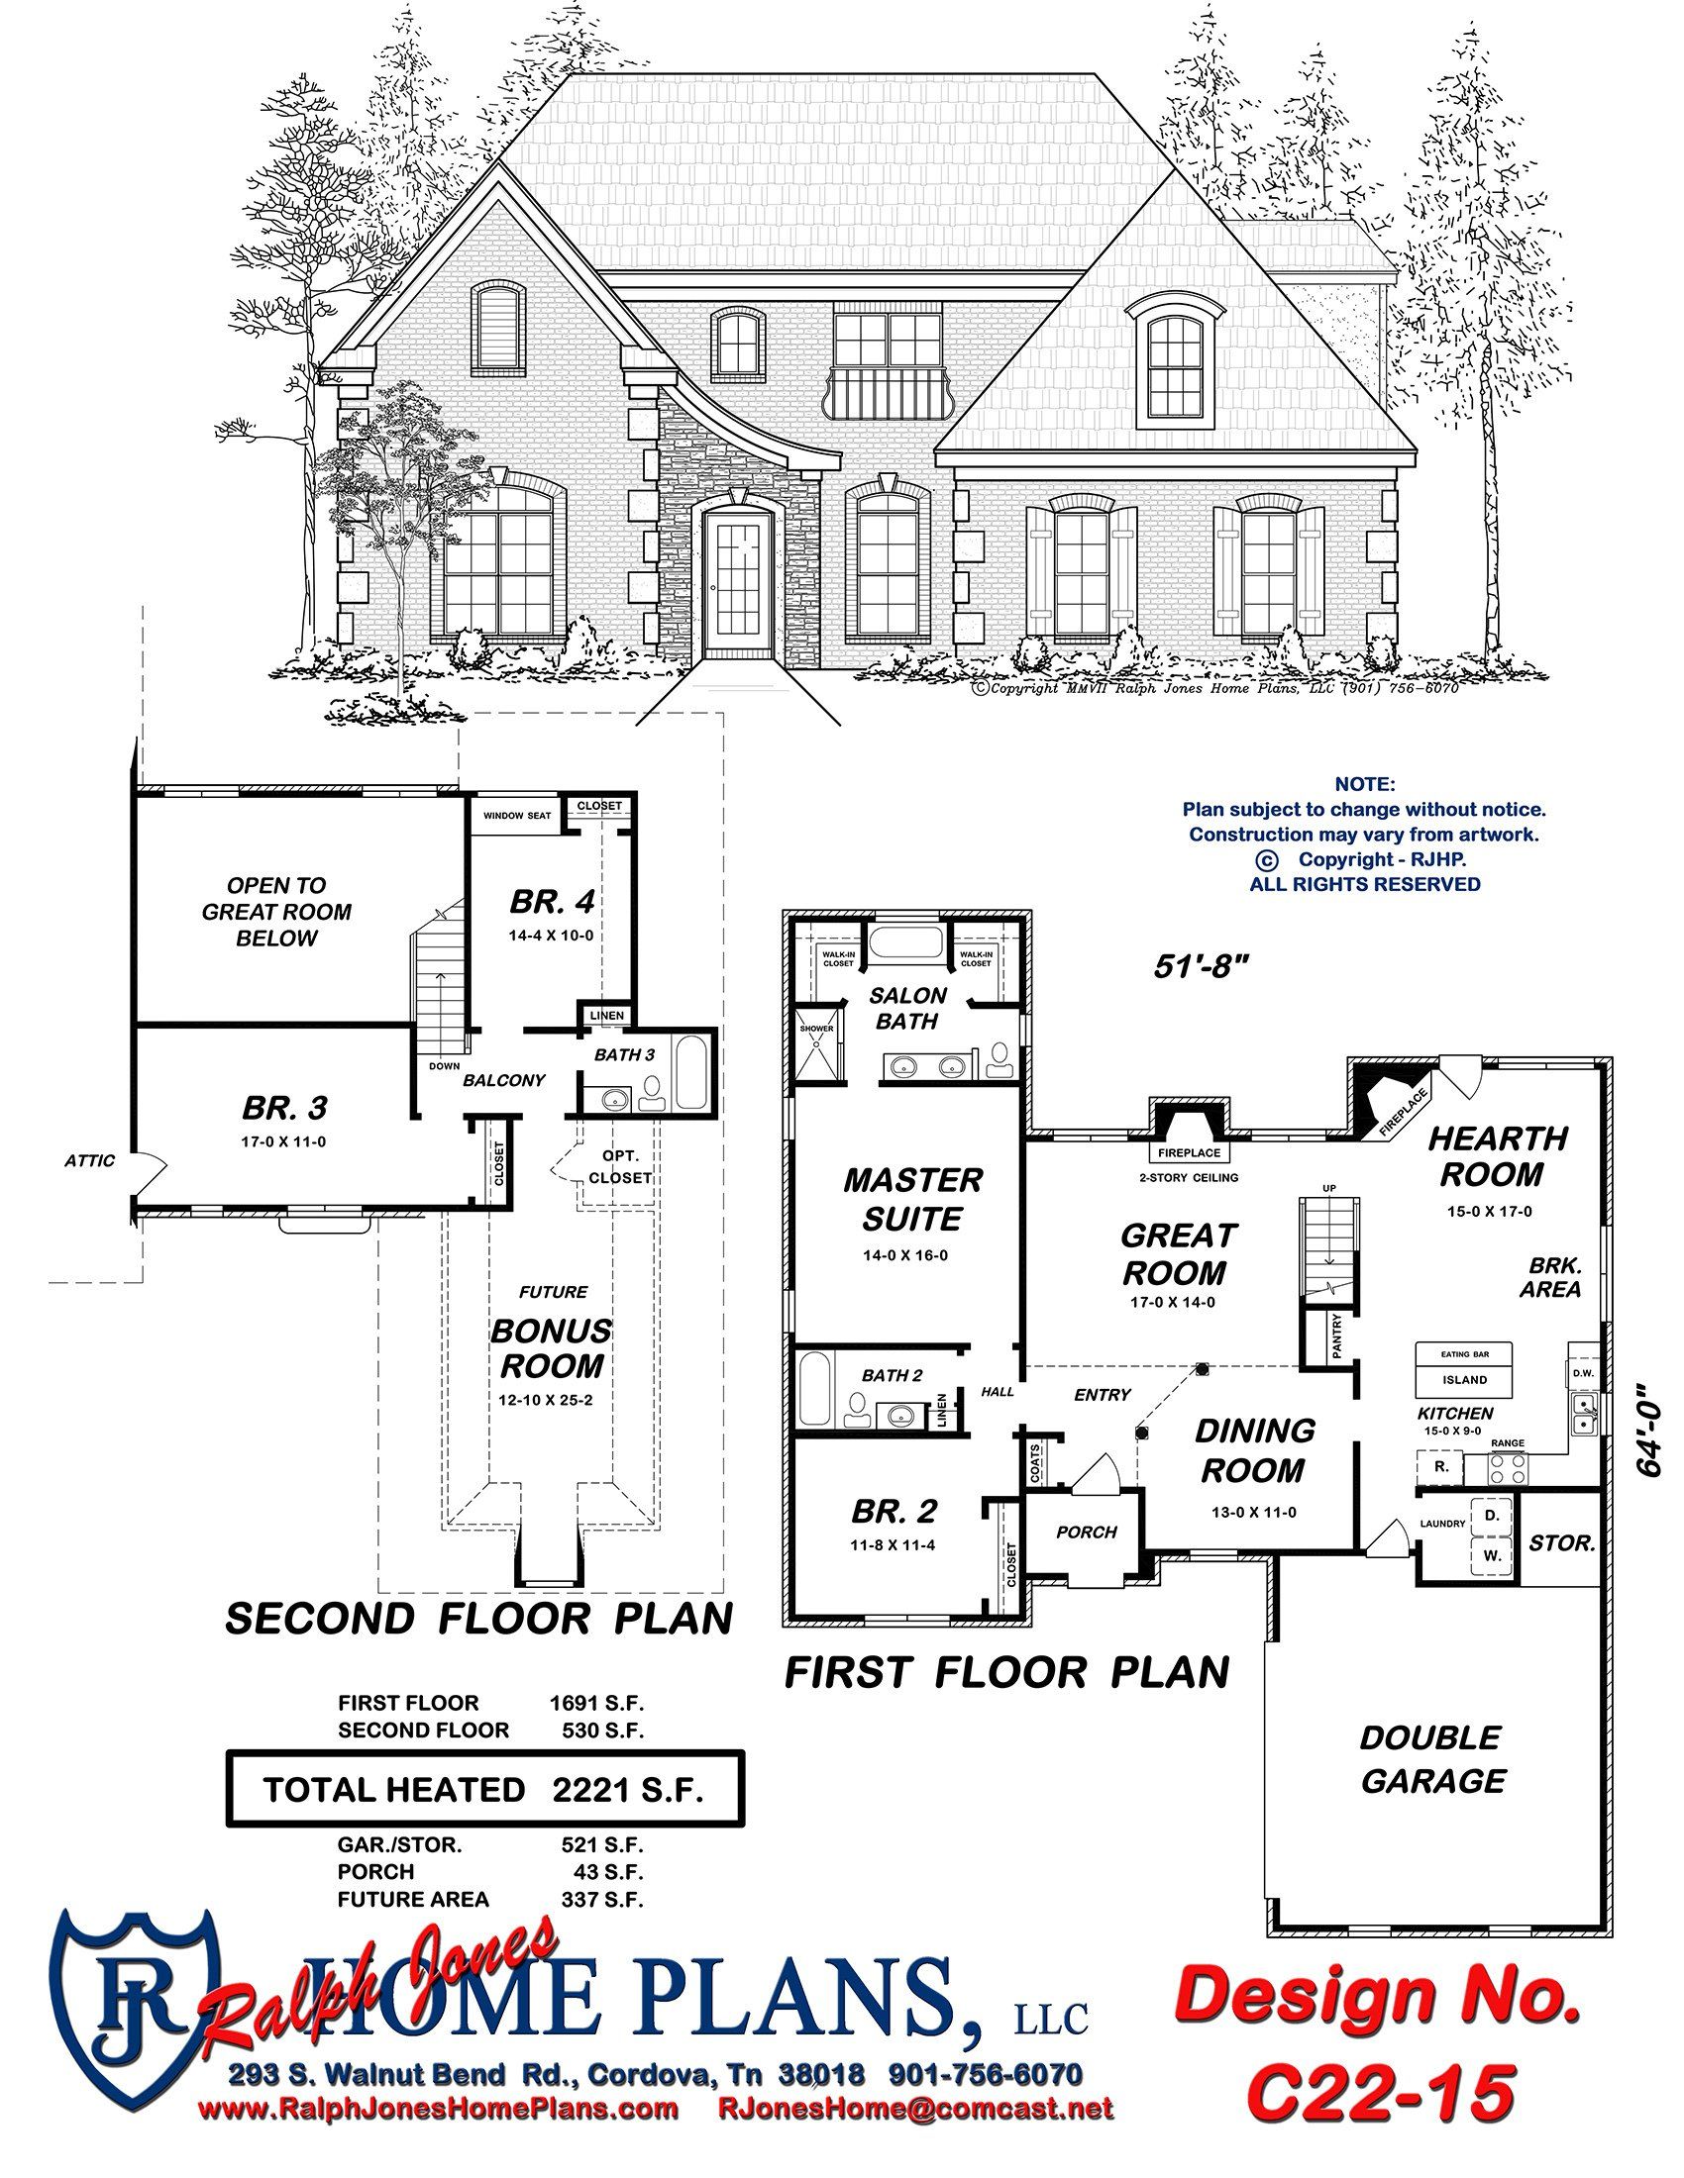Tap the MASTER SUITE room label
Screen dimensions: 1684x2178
pos(913,1199)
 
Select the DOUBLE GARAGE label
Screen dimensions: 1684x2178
pos(1431,1759)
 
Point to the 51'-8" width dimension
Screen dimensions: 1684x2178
pos(1202,965)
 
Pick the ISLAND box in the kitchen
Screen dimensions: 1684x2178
pos(1464,1380)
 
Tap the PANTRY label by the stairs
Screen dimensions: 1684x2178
pos(1338,1336)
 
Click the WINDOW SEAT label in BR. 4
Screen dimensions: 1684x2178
pos(517,816)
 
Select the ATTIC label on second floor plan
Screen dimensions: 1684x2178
pos(90,1160)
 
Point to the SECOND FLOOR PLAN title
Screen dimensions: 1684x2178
pos(478,1619)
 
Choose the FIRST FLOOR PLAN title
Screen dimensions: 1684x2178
pos(1006,1672)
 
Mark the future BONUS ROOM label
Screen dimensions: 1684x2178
pos(551,1348)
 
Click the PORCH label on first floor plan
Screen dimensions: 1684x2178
pos(1087,1531)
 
